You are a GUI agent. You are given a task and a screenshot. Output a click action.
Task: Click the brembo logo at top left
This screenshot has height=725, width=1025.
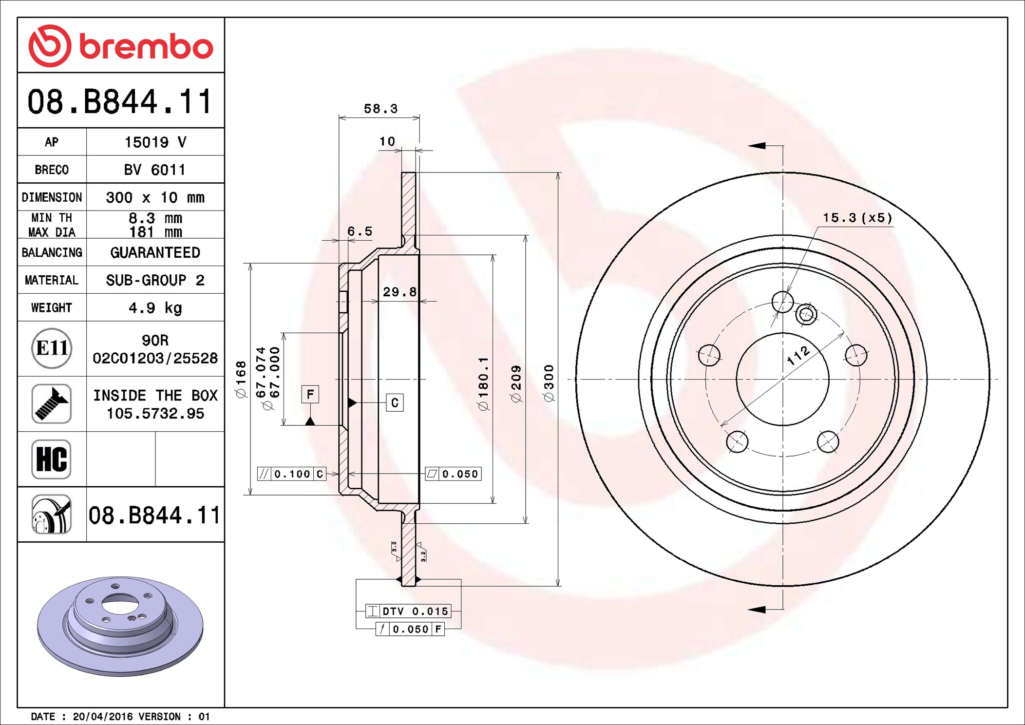click(x=121, y=46)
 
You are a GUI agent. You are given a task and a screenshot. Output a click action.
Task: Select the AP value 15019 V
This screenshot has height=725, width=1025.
click(x=155, y=142)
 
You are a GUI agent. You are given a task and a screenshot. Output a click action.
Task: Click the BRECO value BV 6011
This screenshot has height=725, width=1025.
click(x=155, y=170)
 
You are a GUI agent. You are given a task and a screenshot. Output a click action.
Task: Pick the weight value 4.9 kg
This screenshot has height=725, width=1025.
click(x=155, y=308)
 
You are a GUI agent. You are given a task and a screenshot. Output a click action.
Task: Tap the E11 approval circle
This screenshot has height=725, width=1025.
click(x=52, y=348)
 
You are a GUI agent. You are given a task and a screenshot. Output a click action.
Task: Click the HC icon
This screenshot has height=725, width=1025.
click(x=52, y=459)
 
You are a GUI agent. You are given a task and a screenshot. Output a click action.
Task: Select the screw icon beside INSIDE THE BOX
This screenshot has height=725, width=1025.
click(x=52, y=403)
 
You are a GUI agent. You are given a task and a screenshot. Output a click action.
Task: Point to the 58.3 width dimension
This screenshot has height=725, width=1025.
click(x=380, y=109)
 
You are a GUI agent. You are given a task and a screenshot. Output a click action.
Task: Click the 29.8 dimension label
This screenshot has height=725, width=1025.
click(x=399, y=292)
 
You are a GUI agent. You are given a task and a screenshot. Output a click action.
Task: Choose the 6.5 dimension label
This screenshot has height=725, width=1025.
click(x=360, y=231)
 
